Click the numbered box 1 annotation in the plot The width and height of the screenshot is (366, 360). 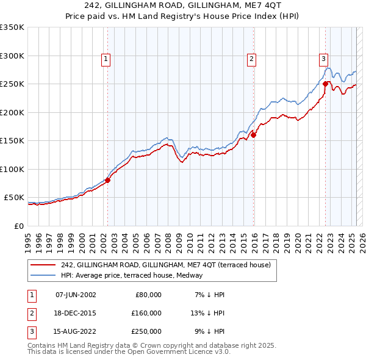pyautogui.click(x=106, y=59)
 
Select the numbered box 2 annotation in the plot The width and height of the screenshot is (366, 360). pyautogui.click(x=251, y=59)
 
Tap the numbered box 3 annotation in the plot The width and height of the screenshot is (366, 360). pyautogui.click(x=323, y=59)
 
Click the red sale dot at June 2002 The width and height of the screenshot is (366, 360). pyautogui.click(x=107, y=180)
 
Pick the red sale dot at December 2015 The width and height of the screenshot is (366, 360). pyautogui.click(x=253, y=135)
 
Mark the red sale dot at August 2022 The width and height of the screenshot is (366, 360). pyautogui.click(x=326, y=84)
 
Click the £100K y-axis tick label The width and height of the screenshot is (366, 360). pyautogui.click(x=12, y=169)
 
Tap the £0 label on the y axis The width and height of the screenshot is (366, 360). pyautogui.click(x=18, y=226)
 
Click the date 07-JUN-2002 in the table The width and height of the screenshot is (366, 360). pyautogui.click(x=76, y=295)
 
